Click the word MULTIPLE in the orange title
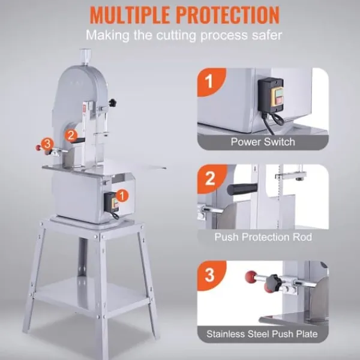(130, 15)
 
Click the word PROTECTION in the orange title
(228, 15)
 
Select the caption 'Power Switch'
(263, 142)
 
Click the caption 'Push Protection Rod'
(263, 237)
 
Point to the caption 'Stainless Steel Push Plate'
(262, 334)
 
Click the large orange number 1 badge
(211, 82)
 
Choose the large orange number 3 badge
(211, 275)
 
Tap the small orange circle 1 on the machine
(122, 196)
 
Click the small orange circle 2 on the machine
(71, 136)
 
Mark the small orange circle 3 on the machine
(47, 144)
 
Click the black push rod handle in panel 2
(242, 189)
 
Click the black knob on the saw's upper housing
(113, 103)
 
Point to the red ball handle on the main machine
(38, 148)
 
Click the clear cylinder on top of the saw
(85, 56)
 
